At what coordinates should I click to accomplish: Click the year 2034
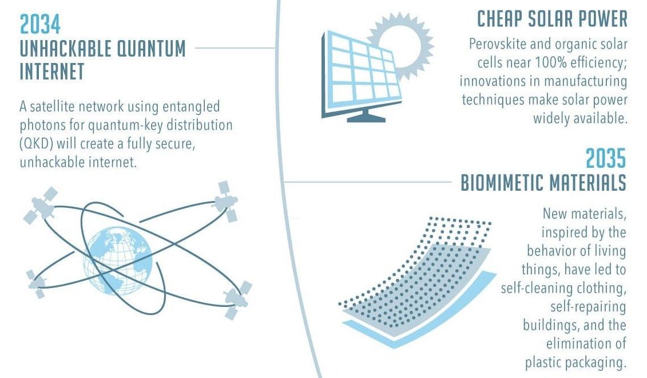pyautogui.click(x=40, y=25)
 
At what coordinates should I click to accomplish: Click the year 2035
pyautogui.click(x=606, y=158)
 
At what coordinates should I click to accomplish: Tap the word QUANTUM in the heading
pyautogui.click(x=151, y=48)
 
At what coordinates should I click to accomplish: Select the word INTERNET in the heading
pyautogui.click(x=52, y=71)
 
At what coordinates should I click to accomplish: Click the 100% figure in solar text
pyautogui.click(x=551, y=62)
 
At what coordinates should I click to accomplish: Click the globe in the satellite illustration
pyautogui.click(x=118, y=261)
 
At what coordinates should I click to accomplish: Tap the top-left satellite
pyautogui.click(x=41, y=205)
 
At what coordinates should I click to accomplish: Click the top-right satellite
pyautogui.click(x=226, y=201)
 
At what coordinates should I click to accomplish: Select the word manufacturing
pyautogui.click(x=585, y=81)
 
